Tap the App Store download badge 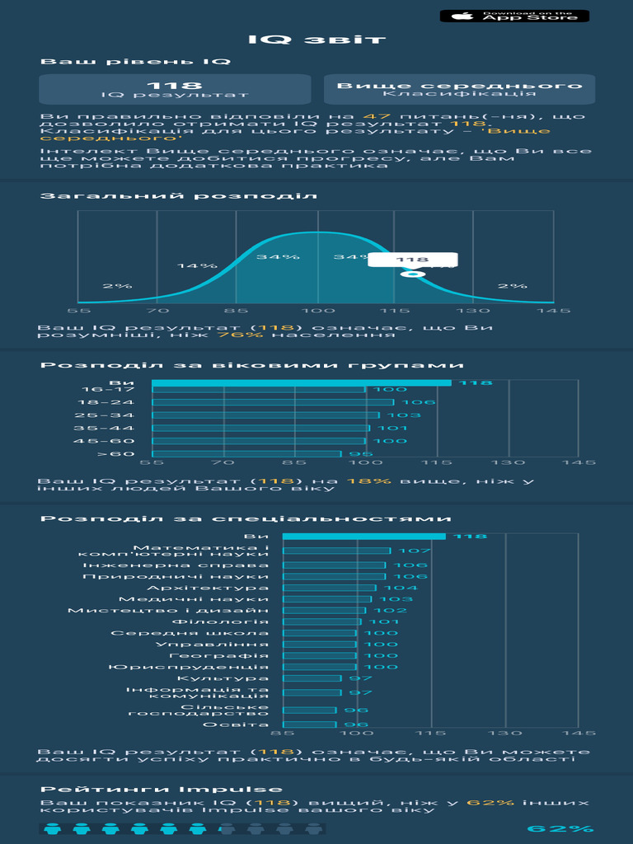coord(514,16)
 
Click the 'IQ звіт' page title coord(316,40)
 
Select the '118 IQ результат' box coord(175,89)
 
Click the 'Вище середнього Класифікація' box coord(459,89)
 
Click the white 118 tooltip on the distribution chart coord(412,259)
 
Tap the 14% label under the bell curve coord(197,265)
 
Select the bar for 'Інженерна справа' coord(334,565)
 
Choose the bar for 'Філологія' coord(321,622)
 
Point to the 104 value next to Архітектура coord(407,588)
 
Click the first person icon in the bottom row coord(53,829)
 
